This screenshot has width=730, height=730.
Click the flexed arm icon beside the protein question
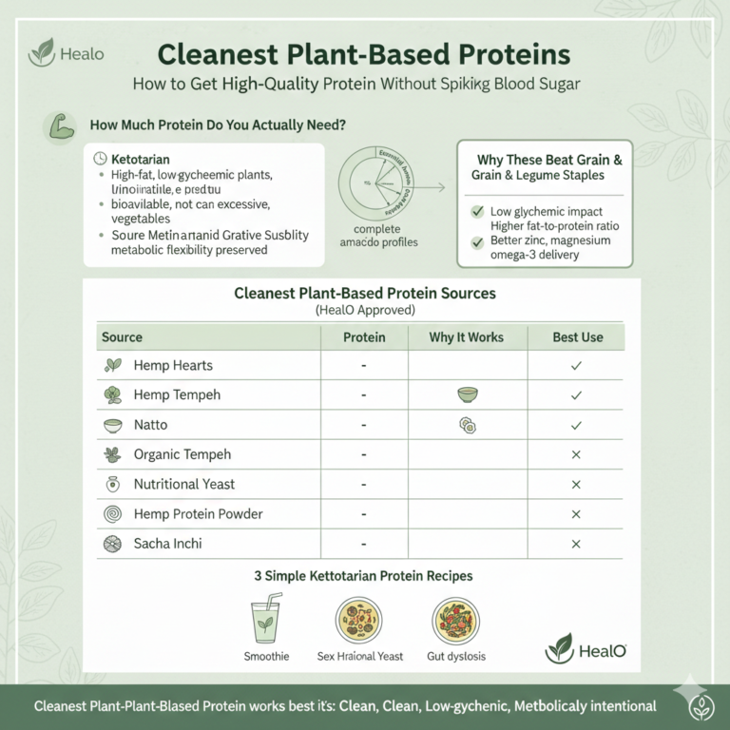58,125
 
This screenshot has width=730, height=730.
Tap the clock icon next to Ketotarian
102,158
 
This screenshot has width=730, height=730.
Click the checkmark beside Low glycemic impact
478,211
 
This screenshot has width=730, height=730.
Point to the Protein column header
364,337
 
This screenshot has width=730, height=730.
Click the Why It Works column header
466,337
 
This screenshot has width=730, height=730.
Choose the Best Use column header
576,337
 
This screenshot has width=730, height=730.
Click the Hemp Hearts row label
173,365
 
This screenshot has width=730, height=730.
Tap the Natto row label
151,425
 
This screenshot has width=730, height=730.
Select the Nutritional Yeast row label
183,484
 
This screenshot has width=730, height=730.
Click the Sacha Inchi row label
167,544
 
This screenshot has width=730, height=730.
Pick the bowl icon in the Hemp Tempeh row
467,394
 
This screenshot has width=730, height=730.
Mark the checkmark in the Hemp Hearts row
575,365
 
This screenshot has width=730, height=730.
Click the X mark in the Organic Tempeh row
575,455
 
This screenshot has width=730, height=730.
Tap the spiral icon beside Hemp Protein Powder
113,514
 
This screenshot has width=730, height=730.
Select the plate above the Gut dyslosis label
455,623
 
